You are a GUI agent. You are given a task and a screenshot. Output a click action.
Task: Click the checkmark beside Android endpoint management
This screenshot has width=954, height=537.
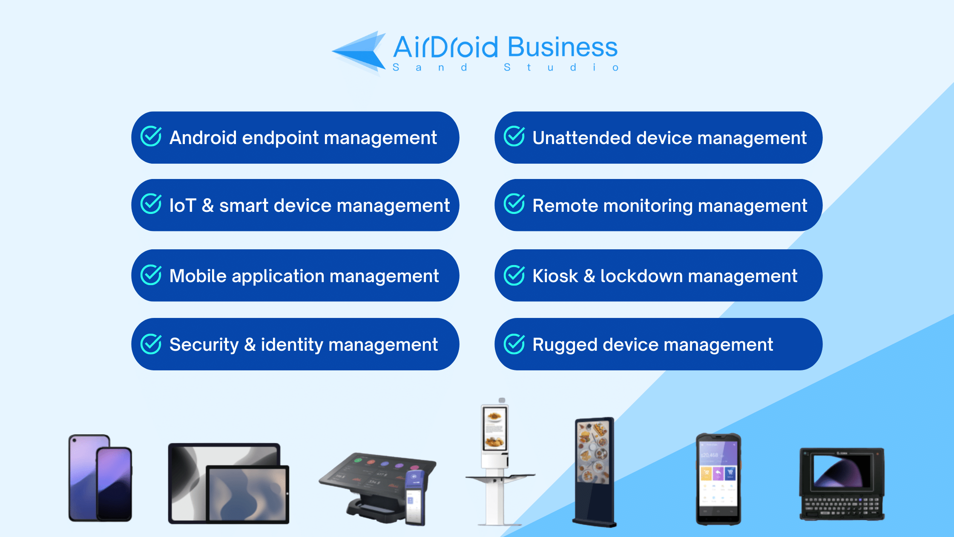pyautogui.click(x=151, y=136)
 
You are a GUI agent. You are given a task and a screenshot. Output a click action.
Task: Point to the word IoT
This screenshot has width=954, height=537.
pyautogui.click(x=183, y=206)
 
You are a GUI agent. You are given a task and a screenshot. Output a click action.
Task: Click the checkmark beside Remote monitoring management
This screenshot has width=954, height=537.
pyautogui.click(x=514, y=204)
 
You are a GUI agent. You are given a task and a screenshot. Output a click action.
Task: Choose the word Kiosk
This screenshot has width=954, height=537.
pyautogui.click(x=555, y=276)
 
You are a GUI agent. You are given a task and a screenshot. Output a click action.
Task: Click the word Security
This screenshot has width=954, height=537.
pyautogui.click(x=204, y=345)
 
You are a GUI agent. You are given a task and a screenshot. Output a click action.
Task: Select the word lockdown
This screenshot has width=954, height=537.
pyautogui.click(x=641, y=276)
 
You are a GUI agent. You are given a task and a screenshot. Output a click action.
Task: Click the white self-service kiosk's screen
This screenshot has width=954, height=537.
pyautogui.click(x=494, y=428)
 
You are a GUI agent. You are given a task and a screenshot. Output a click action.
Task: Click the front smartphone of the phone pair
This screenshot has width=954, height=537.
pyautogui.click(x=114, y=483)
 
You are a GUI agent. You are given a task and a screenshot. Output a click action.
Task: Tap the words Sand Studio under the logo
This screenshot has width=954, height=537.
pyautogui.click(x=505, y=68)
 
